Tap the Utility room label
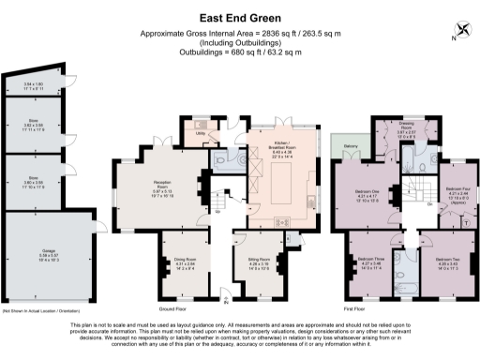tap(201, 133)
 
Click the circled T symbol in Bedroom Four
tap(467, 224)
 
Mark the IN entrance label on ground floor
tap(223, 299)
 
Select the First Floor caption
tap(354, 307)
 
